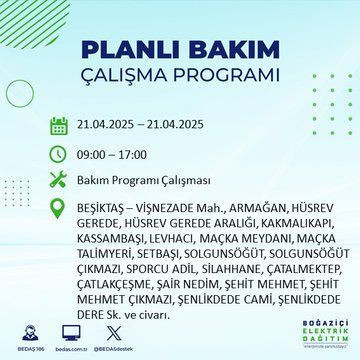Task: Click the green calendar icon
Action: pos(59,127)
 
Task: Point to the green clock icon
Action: pos(59,154)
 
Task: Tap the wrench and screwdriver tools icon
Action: pos(59,181)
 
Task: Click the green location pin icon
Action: pos(59,208)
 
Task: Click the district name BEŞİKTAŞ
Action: pos(104,208)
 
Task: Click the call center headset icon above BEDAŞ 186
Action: pos(22,331)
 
